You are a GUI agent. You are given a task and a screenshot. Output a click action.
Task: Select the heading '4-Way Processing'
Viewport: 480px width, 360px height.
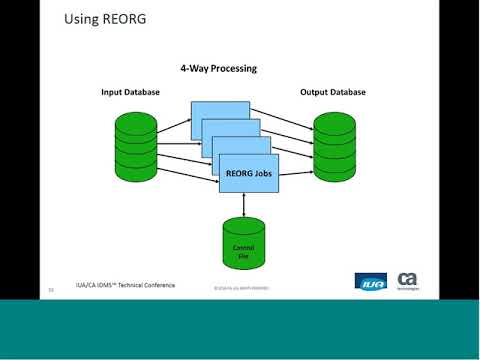click(218, 69)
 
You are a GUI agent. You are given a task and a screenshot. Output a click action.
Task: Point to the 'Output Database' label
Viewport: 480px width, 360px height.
click(332, 92)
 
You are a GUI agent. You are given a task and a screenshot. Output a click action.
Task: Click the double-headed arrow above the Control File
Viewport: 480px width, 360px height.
click(243, 203)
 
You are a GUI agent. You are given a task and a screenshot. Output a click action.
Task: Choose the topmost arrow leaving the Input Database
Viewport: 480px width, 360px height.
click(174, 123)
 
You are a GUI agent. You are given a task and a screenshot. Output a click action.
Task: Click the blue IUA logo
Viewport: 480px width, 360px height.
click(370, 281)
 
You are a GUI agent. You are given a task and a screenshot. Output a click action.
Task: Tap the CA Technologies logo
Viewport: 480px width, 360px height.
click(408, 280)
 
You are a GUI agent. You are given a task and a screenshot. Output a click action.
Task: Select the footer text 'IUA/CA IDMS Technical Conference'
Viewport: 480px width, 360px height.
click(126, 285)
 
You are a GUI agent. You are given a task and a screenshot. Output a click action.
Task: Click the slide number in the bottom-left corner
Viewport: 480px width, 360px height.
click(50, 290)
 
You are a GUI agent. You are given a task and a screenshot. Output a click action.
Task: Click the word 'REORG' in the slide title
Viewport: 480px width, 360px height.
click(125, 19)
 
